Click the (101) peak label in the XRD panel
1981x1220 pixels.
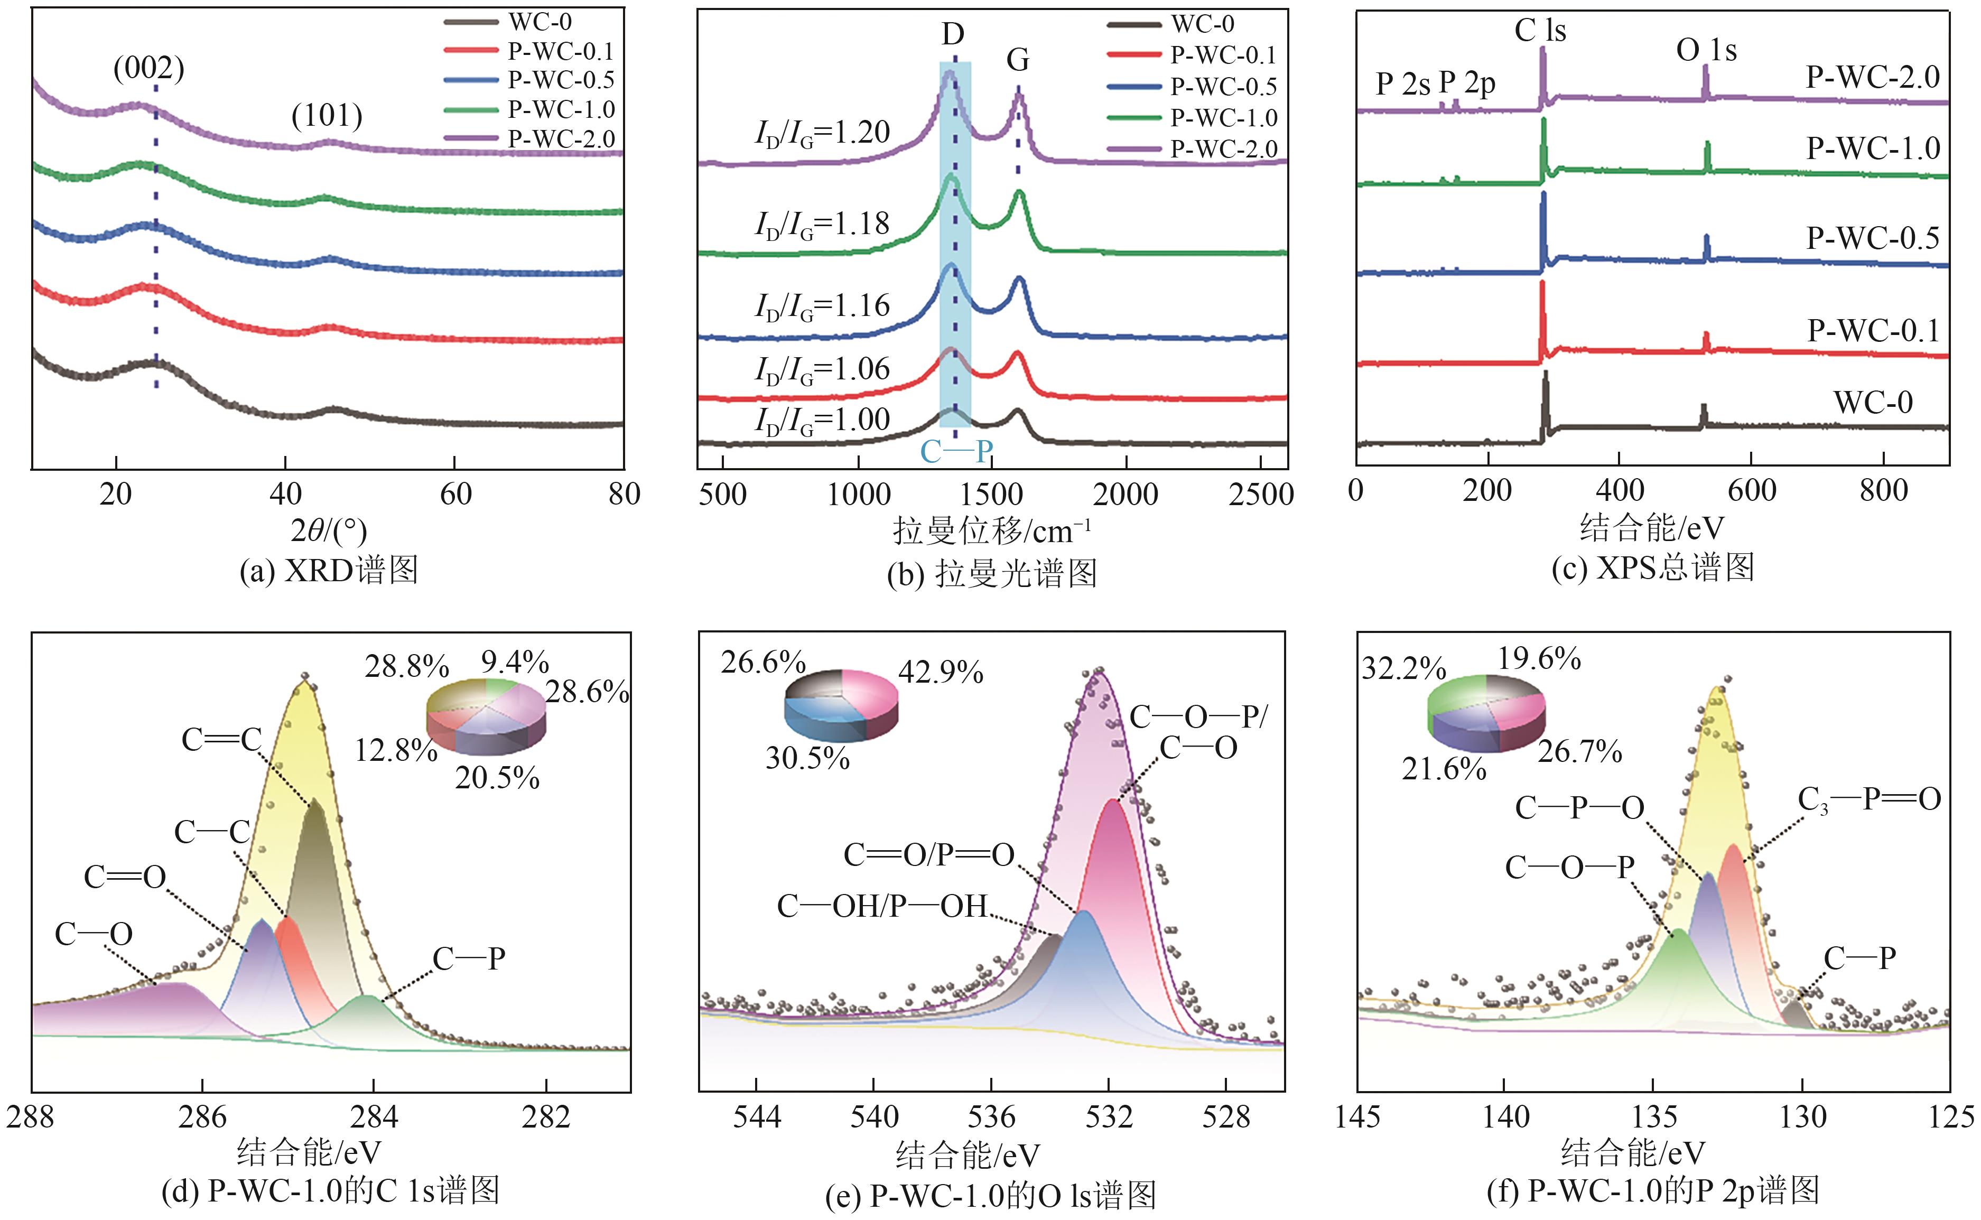(327, 116)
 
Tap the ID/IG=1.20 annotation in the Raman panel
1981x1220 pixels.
(822, 133)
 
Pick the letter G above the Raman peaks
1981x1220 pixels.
(1018, 60)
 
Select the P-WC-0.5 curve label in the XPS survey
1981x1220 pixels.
(1872, 238)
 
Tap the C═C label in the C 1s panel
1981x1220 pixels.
(222, 740)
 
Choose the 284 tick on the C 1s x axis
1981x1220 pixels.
(374, 1117)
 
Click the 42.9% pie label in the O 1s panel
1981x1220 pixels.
(941, 672)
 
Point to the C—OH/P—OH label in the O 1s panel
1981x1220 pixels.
(882, 907)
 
